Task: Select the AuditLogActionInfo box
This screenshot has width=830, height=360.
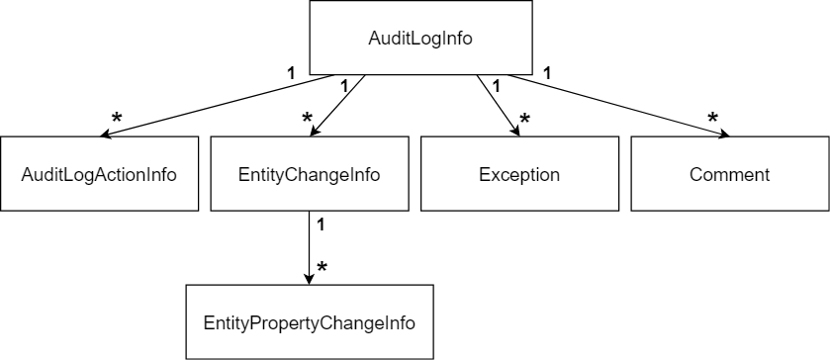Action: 99,175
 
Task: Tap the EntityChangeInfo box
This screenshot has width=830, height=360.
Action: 310,175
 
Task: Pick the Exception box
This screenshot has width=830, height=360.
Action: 519,175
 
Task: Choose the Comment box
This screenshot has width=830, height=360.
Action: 729,175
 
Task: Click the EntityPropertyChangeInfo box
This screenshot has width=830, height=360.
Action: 310,322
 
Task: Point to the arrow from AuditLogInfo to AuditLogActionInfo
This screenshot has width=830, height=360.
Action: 208,106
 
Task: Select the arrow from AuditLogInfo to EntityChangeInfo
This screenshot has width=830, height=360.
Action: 338,105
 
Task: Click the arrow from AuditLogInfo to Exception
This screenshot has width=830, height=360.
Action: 497,105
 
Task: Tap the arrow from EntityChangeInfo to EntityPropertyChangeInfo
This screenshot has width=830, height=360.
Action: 310,247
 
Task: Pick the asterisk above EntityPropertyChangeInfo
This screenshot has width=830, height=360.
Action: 322,269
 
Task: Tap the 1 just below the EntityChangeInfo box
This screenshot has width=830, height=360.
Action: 321,225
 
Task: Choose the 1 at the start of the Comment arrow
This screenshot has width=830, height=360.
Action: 547,72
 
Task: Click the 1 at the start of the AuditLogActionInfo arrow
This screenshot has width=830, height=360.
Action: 290,72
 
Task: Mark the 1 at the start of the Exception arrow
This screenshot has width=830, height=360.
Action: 496,86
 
